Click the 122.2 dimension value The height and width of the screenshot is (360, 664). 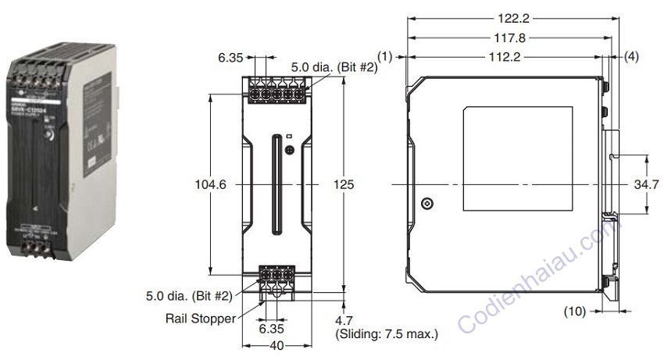511,16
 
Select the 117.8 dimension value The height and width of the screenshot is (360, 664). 511,37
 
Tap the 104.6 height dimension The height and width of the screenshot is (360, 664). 211,184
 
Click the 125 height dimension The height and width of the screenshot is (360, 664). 344,184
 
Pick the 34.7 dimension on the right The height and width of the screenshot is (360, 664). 648,185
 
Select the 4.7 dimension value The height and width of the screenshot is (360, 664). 344,319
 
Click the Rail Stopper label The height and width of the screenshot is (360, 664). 200,319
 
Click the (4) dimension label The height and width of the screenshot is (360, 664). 631,56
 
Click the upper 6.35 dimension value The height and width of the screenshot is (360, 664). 232,57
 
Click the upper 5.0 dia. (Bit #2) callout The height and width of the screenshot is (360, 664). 334,69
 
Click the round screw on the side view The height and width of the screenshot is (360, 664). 427,204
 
